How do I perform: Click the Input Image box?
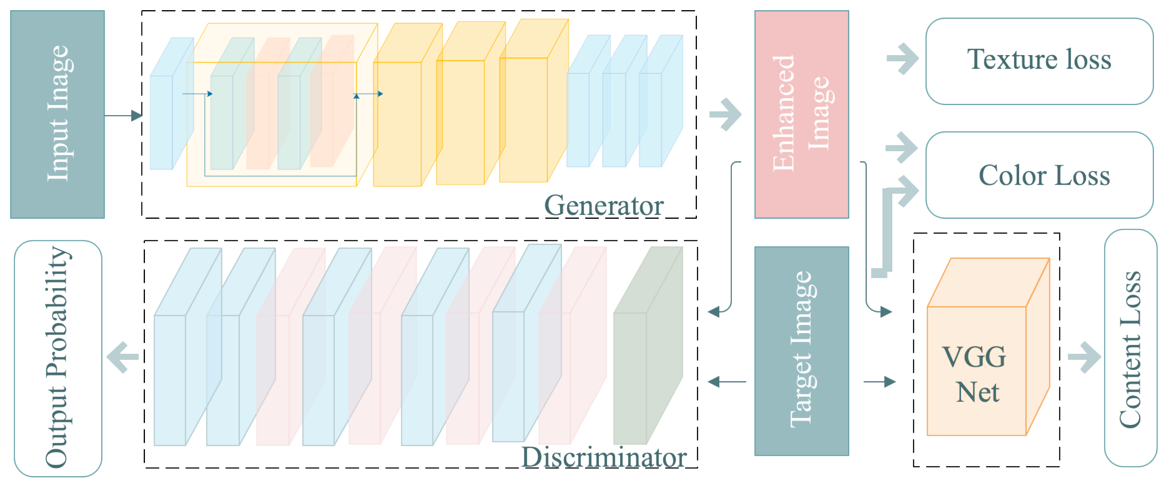57,114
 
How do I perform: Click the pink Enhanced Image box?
801,114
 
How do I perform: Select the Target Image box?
801,351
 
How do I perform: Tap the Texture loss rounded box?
1039,61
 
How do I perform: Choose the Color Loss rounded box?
1039,175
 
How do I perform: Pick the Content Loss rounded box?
1130,348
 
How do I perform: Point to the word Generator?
604,205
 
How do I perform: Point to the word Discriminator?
604,457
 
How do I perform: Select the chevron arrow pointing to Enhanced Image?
726,114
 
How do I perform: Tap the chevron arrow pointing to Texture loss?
903,59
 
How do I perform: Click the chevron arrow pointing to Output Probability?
122,357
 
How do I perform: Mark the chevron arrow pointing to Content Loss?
1084,357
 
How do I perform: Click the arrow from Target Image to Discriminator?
727,382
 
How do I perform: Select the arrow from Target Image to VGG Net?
880,382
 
